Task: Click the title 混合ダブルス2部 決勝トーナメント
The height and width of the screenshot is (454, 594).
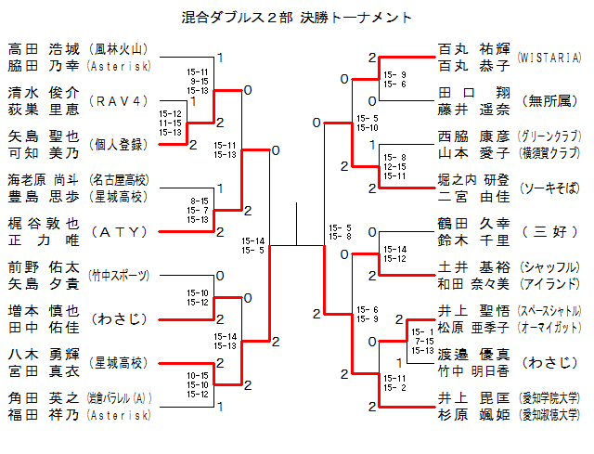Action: [x=297, y=18]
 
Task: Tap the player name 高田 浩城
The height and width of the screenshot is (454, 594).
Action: [x=44, y=49]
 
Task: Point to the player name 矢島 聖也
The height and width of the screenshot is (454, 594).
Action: [x=44, y=136]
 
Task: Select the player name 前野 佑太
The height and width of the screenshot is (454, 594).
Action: [x=44, y=266]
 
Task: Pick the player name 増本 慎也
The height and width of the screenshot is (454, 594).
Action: [x=44, y=310]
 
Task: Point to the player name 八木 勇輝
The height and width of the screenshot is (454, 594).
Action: [x=44, y=354]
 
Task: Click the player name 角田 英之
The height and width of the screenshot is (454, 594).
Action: [x=44, y=398]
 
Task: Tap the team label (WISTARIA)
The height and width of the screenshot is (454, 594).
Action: [x=549, y=58]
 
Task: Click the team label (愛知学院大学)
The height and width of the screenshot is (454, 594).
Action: [x=549, y=398]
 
